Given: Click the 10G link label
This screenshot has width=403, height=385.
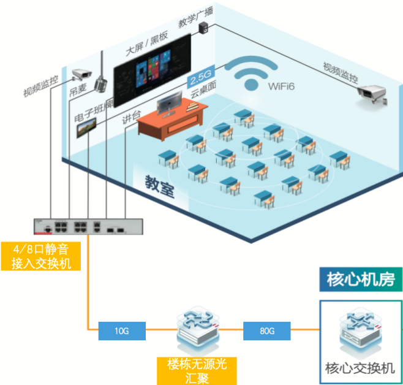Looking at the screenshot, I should pyautogui.click(x=122, y=332).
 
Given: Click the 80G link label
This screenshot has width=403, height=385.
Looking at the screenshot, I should pyautogui.click(x=267, y=332).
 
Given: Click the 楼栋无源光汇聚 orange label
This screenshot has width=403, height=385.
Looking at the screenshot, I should pyautogui.click(x=197, y=371).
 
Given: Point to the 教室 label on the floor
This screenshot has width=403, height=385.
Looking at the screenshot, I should pyautogui.click(x=159, y=185).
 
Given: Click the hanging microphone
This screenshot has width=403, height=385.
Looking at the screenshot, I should pyautogui.click(x=101, y=80).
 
